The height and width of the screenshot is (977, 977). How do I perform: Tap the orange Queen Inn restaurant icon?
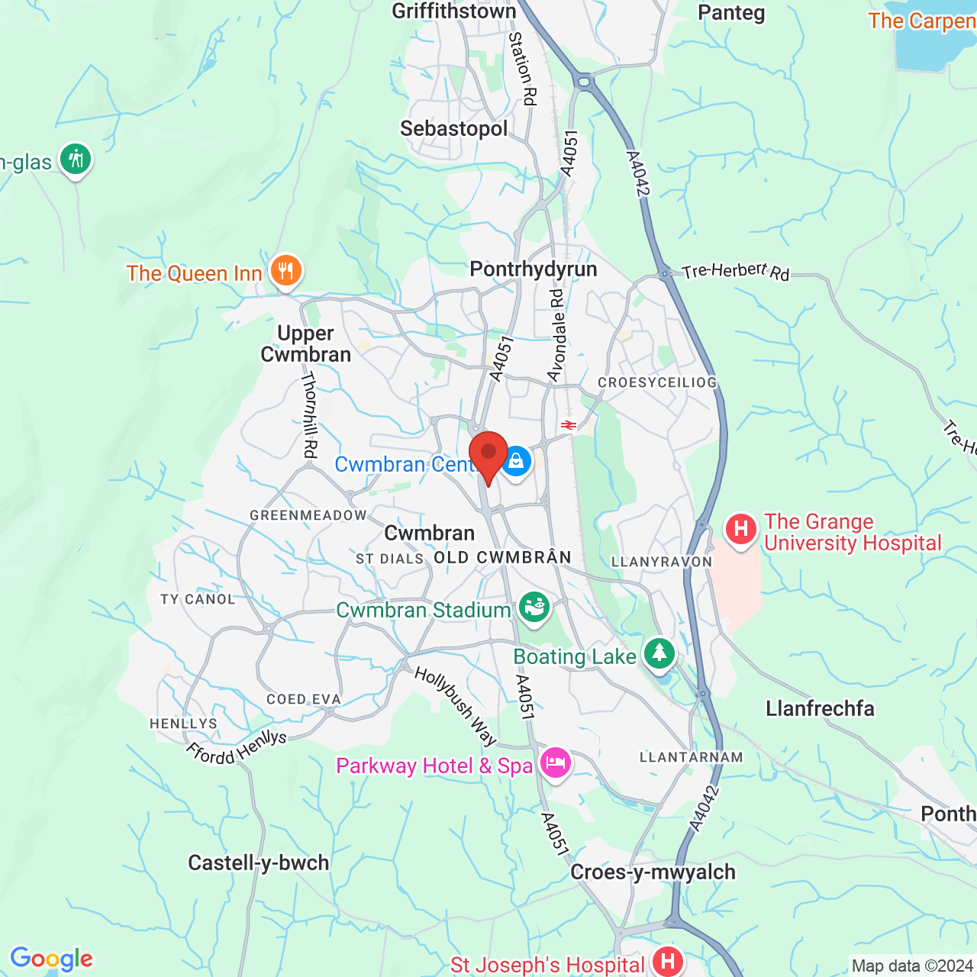click(x=286, y=271)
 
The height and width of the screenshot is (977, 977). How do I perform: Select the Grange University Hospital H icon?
click(x=740, y=529)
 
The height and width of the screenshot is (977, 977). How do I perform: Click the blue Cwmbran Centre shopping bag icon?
click(x=516, y=462)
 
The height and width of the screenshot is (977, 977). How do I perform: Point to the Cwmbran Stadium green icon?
click(x=534, y=608)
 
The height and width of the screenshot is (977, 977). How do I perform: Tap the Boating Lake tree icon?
click(x=659, y=654)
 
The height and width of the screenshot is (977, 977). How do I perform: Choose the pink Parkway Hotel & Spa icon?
click(x=555, y=763)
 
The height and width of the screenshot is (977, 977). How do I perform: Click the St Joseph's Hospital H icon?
click(x=668, y=962)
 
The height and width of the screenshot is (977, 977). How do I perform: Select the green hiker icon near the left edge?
click(x=76, y=160)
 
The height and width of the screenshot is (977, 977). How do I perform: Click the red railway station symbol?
click(x=568, y=425)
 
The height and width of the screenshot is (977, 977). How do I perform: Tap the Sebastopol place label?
click(x=453, y=128)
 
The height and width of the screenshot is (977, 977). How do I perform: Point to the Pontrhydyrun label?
click(x=533, y=269)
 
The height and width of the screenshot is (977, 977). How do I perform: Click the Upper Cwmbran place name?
click(x=305, y=343)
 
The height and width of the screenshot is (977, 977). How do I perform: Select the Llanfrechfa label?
click(x=820, y=708)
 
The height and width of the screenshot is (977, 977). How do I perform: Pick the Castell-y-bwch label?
click(x=259, y=863)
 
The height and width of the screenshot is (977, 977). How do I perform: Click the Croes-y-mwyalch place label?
click(x=653, y=872)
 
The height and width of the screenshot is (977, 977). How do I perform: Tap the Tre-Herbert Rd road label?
click(x=736, y=271)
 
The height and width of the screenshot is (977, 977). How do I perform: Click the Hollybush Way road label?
click(x=456, y=706)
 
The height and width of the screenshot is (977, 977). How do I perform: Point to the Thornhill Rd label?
click(x=309, y=415)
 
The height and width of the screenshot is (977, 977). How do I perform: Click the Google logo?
click(x=51, y=959)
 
